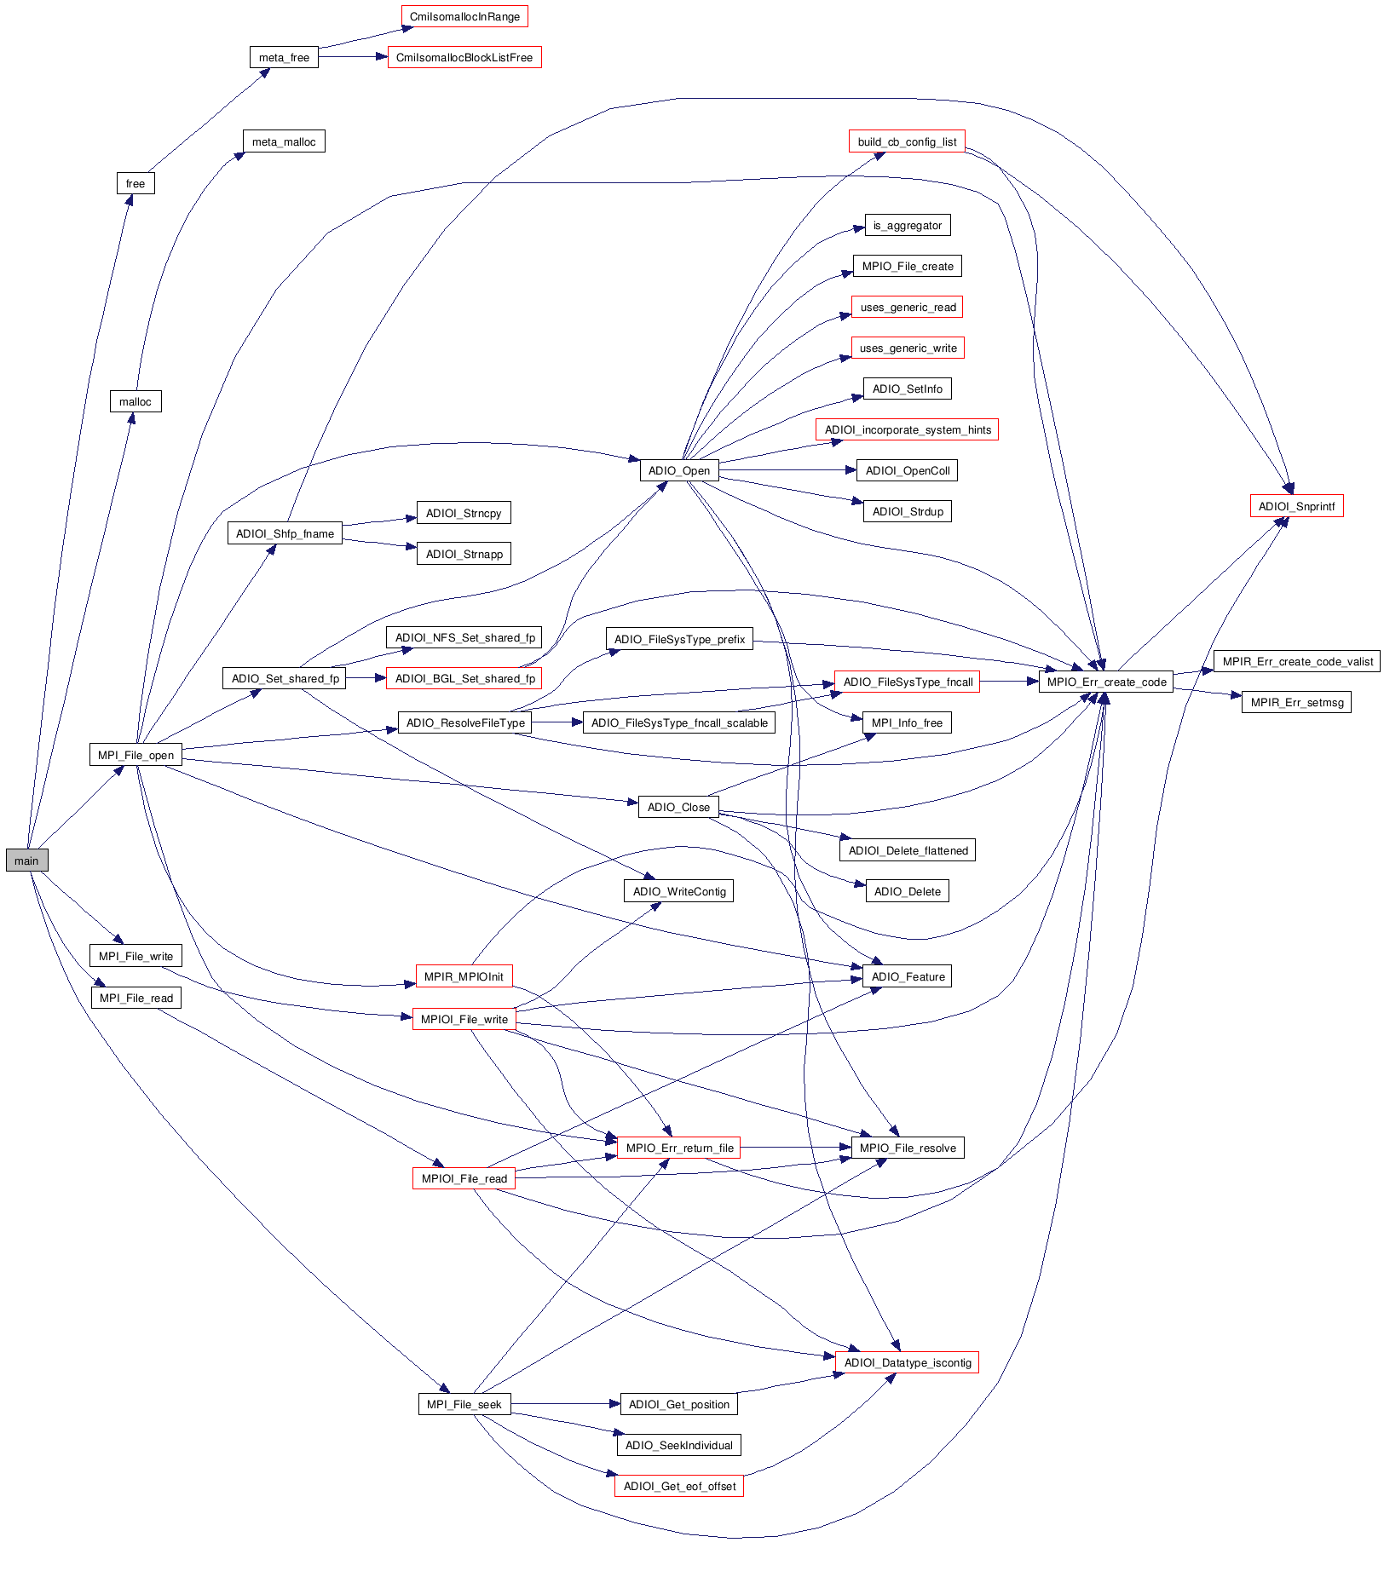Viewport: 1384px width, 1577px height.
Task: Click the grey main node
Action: pos(26,860)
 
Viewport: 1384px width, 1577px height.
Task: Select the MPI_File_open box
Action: pos(136,755)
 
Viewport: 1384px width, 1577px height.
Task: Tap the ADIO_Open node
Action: pos(678,470)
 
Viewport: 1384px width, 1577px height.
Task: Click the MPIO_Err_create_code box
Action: pos(1106,682)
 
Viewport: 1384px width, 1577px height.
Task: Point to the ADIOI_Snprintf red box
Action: pos(1296,506)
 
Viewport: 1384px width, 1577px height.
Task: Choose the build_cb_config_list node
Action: pos(907,141)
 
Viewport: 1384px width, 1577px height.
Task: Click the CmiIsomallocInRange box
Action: pos(464,16)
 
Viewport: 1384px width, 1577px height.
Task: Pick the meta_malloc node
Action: pos(284,141)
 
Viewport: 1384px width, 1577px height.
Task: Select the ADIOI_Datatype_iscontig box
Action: pos(907,1362)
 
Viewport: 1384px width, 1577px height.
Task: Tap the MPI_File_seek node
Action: pos(464,1404)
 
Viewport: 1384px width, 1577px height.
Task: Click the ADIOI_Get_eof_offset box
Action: pos(679,1486)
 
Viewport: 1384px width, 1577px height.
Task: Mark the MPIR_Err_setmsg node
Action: pos(1296,702)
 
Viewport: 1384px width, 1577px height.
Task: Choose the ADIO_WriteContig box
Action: pos(678,891)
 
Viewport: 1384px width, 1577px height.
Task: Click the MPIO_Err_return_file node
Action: pos(679,1148)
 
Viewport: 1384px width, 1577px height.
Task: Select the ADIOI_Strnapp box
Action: pos(464,554)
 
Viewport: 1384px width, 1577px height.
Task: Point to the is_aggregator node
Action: pos(907,225)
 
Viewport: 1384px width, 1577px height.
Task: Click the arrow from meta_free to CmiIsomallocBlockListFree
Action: pos(353,57)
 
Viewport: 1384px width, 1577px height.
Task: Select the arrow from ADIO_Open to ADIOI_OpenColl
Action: pos(787,470)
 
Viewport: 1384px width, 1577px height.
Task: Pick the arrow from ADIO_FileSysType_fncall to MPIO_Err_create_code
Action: pos(1009,682)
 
